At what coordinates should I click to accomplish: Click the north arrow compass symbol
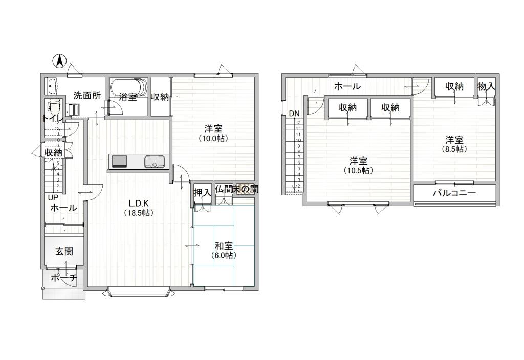60,61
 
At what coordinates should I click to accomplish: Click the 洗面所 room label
86,95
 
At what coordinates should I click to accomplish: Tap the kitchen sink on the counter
154,162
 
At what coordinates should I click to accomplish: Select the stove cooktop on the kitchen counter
120,162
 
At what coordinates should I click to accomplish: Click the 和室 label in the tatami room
224,245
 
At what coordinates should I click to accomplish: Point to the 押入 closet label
202,193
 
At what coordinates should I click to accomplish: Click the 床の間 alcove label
245,189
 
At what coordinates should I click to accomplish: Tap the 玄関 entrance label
64,251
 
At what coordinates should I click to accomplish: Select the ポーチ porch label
63,278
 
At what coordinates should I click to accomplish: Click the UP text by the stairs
53,197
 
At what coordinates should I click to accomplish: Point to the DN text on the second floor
294,113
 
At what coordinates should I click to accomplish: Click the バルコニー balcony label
454,193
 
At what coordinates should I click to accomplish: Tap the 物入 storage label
486,86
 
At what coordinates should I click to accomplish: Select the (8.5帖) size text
454,149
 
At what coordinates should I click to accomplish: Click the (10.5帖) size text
358,170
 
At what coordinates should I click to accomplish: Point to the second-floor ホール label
347,86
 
